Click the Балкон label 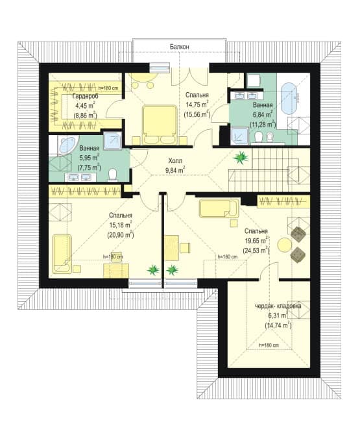179,47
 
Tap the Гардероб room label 86,97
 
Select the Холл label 175,161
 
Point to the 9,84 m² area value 175,170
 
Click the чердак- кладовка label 278,306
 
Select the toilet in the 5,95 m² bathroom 112,175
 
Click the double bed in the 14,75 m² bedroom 160,125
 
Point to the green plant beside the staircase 241,158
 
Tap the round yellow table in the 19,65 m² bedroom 284,245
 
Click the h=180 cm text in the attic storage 269,345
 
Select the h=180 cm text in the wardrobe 108,88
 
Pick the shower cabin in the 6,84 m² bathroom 240,136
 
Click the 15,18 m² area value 120,225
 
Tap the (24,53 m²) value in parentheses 256,251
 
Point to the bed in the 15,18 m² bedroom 62,254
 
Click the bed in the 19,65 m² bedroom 219,208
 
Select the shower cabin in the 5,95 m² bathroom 112,140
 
